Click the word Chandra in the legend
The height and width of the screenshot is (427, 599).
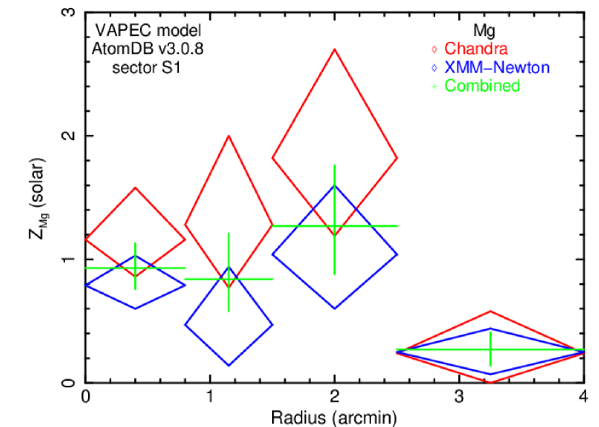click(476, 49)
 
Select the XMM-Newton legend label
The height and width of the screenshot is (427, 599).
click(497, 68)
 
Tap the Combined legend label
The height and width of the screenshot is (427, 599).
click(482, 86)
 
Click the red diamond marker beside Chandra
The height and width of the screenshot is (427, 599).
click(434, 49)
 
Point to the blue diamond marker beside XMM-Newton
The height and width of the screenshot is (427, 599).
click(434, 68)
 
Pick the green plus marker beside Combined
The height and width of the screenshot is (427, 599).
click(434, 87)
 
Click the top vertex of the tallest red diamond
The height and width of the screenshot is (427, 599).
click(334, 50)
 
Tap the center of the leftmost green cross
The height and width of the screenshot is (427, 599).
click(136, 268)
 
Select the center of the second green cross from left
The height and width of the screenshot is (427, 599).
click(229, 278)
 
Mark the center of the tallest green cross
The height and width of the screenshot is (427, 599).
click(334, 226)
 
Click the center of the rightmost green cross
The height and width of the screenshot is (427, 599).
click(491, 351)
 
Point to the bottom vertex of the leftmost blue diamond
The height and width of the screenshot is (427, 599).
click(136, 309)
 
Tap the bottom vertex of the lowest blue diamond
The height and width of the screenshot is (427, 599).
click(229, 366)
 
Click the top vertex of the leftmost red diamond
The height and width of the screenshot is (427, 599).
click(136, 188)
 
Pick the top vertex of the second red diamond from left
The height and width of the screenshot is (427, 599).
click(229, 136)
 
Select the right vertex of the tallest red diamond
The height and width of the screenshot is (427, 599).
click(397, 157)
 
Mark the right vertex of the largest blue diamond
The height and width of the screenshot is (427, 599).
click(397, 253)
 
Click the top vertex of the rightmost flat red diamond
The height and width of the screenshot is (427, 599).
click(491, 311)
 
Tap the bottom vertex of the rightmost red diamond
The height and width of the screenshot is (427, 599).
click(491, 382)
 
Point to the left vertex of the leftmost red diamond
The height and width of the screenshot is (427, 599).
click(86, 239)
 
